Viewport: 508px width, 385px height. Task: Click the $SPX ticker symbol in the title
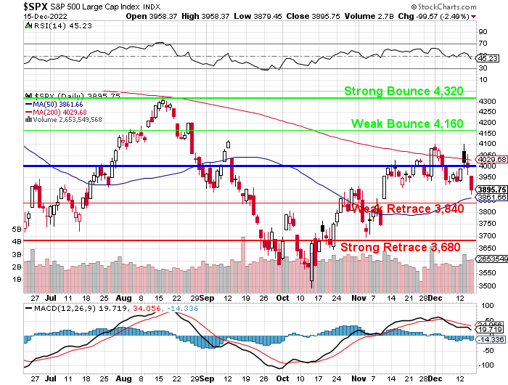click(x=15, y=6)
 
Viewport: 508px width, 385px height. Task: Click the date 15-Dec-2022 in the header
click(x=22, y=15)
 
